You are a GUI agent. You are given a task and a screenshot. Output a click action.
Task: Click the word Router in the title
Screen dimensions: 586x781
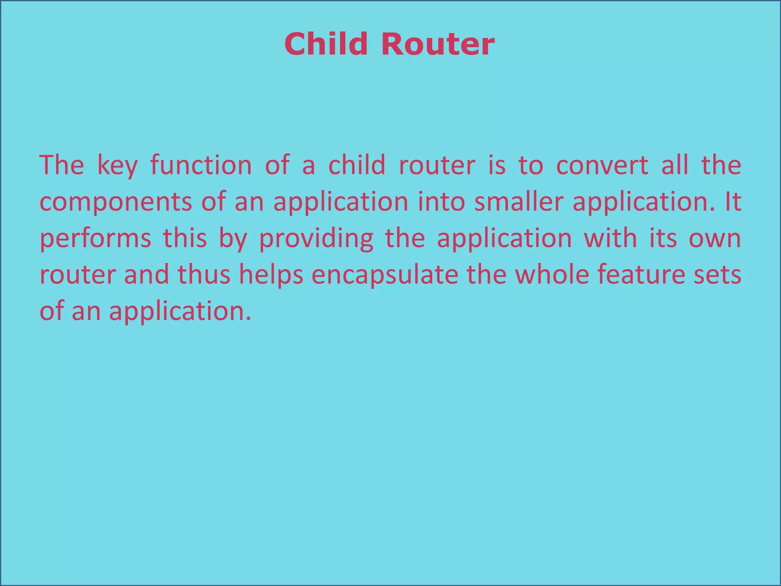click(x=437, y=44)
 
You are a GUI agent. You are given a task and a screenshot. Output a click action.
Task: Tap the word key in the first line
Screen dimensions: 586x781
click(x=117, y=166)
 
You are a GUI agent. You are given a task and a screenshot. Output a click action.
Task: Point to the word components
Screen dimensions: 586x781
click(x=116, y=203)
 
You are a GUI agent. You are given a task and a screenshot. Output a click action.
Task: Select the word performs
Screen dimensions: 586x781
click(x=95, y=240)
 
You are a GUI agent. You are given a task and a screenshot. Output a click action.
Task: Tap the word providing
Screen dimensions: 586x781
click(x=316, y=240)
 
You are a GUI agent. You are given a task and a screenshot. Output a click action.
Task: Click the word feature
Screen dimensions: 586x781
click(x=641, y=275)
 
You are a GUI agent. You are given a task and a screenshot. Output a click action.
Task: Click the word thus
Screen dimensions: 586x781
click(x=204, y=275)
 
